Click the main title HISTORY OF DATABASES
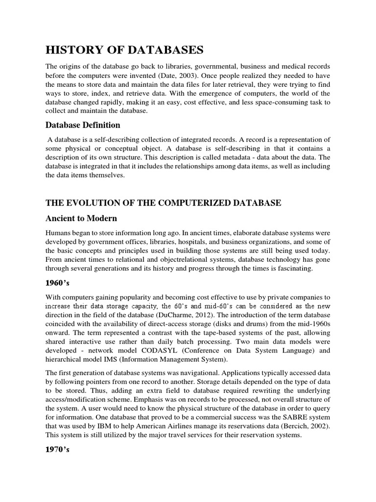(124, 50)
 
